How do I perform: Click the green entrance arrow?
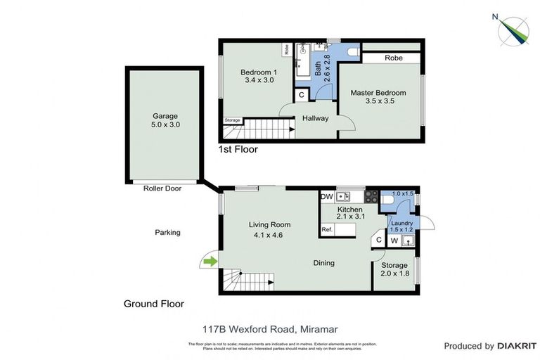tap(209, 262)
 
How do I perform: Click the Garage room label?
tap(165, 120)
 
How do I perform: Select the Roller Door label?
tap(162, 188)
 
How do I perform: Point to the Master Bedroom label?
tap(380, 97)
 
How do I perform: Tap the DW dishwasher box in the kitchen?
tap(327, 197)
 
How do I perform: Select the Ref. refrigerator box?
tap(327, 229)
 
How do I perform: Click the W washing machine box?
tap(394, 240)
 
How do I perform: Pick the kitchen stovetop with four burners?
tap(371, 197)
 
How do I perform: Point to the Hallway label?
tap(315, 118)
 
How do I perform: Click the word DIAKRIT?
tap(517, 346)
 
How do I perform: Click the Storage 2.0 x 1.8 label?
tap(394, 269)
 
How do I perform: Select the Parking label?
tap(167, 232)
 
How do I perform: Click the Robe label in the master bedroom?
tap(393, 58)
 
